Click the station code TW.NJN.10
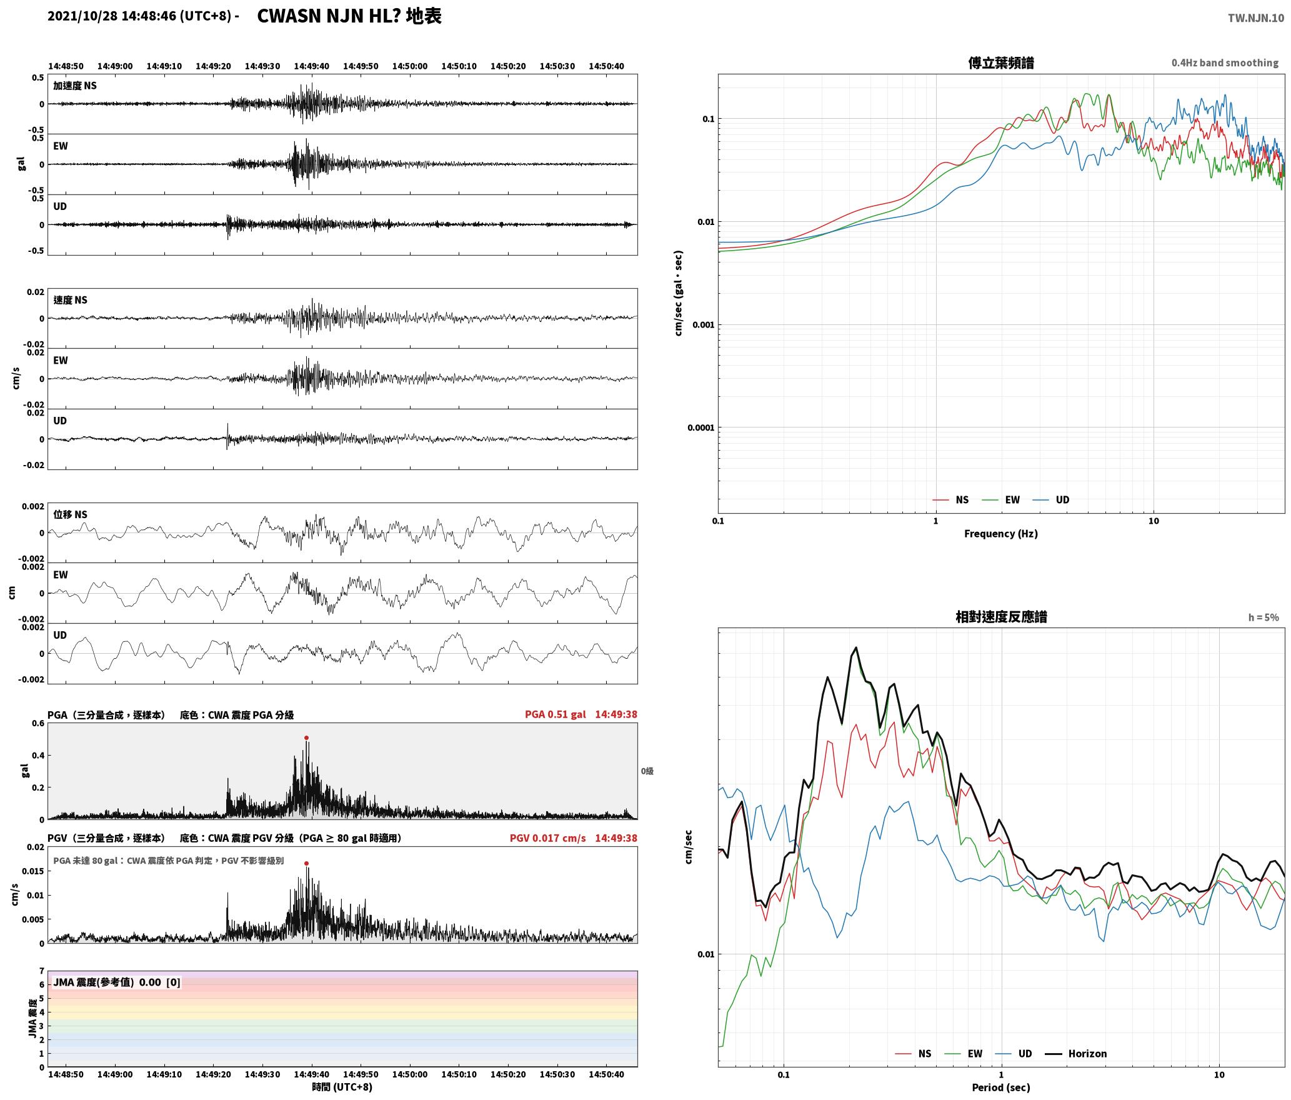1256,18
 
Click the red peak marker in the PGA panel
306,738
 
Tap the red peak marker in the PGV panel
306,864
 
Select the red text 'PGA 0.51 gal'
555,714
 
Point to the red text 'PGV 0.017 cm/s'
547,838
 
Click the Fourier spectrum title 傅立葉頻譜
1001,62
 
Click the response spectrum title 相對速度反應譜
1001,617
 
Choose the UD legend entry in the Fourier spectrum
1050,499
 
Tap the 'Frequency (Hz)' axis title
1001,533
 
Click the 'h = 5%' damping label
1264,617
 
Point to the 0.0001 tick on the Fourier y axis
700,428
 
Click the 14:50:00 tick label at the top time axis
410,66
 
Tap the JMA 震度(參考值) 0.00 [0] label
117,982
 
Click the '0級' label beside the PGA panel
647,771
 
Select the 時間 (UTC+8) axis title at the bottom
342,1087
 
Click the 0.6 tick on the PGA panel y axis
38,724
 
